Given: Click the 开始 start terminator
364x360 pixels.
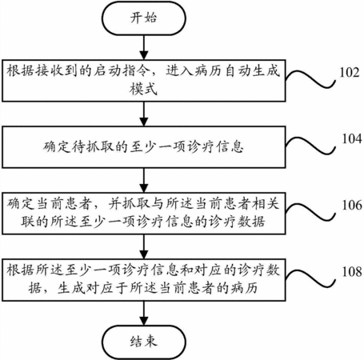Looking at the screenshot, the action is [144, 18].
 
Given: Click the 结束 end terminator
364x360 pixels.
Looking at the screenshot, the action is [144, 342].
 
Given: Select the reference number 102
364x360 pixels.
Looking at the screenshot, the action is [350, 72].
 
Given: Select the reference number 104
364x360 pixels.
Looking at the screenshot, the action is [352, 138].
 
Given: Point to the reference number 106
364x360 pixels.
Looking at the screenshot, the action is [352, 205].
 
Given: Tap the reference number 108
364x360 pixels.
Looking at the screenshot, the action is [352, 271].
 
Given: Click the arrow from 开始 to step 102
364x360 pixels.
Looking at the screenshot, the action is [144, 47].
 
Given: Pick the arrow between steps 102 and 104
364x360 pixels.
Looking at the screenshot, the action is [144, 114].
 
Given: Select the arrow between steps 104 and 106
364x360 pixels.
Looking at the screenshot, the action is [144, 180].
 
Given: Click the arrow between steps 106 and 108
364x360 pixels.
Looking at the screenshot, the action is [144, 246].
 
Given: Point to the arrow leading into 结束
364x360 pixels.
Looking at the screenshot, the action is [144, 314].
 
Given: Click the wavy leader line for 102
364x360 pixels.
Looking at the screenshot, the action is [310, 79].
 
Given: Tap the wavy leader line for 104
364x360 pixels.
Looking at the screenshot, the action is [310, 146].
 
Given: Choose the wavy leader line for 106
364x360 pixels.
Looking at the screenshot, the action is [310, 212].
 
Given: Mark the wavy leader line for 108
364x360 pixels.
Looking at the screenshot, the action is [310, 278].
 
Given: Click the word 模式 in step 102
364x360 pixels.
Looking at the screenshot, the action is [143, 89].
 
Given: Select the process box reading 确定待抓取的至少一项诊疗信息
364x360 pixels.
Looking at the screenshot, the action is [144, 147].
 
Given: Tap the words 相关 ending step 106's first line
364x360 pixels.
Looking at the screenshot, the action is [266, 204].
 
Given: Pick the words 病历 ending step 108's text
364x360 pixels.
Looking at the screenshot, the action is [244, 288].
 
